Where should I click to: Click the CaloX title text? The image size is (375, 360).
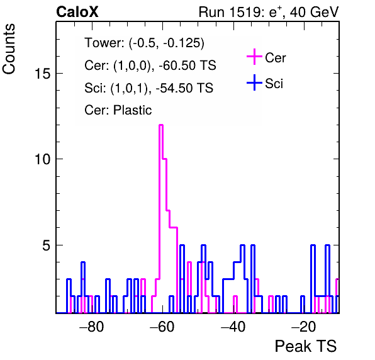pos(77,12)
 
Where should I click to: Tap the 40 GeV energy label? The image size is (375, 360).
pos(314,12)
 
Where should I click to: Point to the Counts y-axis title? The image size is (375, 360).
pos(9,49)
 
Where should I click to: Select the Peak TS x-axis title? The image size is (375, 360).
pos(306,346)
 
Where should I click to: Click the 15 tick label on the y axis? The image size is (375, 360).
pos(42,74)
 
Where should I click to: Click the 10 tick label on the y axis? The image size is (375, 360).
pos(42,159)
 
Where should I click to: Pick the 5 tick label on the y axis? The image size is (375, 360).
pos(46,245)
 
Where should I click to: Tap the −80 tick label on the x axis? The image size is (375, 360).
pos(92,326)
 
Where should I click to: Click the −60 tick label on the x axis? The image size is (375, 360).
pos(162,326)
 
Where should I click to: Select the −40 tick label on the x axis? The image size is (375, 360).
pos(232,326)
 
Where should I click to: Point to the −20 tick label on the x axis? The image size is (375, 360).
pos(303,326)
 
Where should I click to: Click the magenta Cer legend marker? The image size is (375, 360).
pos(254,57)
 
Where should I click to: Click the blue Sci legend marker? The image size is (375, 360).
pos(254,83)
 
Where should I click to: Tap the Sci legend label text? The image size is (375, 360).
pos(274,84)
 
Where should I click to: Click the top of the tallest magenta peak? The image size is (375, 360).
pos(161,125)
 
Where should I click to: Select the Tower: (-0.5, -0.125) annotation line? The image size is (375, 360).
pos(145,43)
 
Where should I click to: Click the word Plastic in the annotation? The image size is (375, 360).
pos(132,110)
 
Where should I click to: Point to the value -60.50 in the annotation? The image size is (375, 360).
pos(177,65)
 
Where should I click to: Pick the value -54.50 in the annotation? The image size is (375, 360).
pos(174,87)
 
